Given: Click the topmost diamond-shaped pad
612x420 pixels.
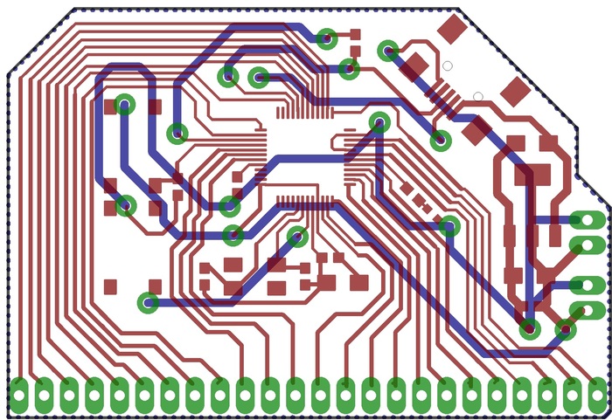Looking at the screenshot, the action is pyautogui.click(x=452, y=29).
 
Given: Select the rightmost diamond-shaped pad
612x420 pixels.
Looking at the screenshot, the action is pyautogui.click(x=516, y=91).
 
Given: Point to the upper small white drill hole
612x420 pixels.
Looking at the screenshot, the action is pyautogui.click(x=447, y=65).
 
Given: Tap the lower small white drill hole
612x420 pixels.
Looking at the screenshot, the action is pyautogui.click(x=478, y=96).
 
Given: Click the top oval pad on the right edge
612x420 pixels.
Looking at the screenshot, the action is pyautogui.click(x=587, y=221).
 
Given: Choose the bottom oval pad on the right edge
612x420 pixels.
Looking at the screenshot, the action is pyautogui.click(x=587, y=309).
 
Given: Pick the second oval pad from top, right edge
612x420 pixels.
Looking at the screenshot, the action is pyautogui.click(x=587, y=244).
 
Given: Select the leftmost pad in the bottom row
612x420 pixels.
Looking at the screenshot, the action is pyautogui.click(x=19, y=396).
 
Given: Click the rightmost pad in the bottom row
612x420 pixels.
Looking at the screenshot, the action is pyautogui.click(x=597, y=396).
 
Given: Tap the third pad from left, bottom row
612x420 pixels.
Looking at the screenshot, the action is pyautogui.click(x=69, y=396).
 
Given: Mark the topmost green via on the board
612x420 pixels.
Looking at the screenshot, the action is pyautogui.click(x=327, y=38).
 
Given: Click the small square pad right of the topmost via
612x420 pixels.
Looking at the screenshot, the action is pyautogui.click(x=355, y=35).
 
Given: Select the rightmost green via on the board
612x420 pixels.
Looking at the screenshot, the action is pyautogui.click(x=566, y=329).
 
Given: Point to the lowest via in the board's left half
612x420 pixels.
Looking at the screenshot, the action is pyautogui.click(x=148, y=303).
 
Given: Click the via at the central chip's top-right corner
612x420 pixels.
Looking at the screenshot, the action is pyautogui.click(x=379, y=121).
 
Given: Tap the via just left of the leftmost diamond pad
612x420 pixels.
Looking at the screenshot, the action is pyautogui.click(x=388, y=51).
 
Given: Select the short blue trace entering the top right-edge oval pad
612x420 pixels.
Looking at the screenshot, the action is pyautogui.click(x=552, y=220).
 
